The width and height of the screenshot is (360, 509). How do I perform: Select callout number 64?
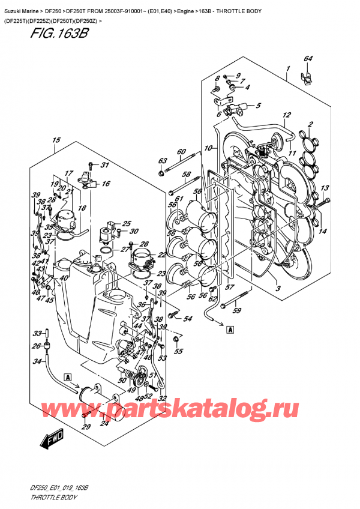click(x=308, y=59)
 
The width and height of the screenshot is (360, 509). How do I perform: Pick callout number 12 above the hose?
click(x=287, y=115)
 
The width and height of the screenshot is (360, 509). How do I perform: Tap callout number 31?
click(x=104, y=166)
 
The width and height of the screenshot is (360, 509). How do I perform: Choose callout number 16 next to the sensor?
click(x=106, y=184)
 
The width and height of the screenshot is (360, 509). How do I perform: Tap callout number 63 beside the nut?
click(x=161, y=161)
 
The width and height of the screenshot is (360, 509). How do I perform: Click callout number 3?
click(x=278, y=289)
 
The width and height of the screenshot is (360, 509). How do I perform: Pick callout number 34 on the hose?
click(x=37, y=361)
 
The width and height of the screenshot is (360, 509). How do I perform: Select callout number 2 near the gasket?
click(x=310, y=125)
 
